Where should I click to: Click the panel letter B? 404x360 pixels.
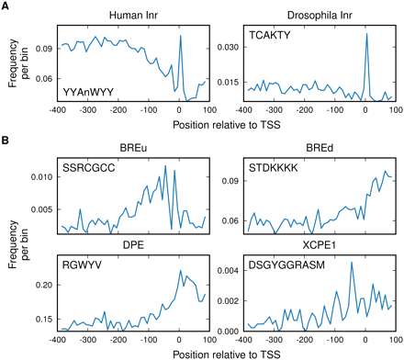click(6, 141)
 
